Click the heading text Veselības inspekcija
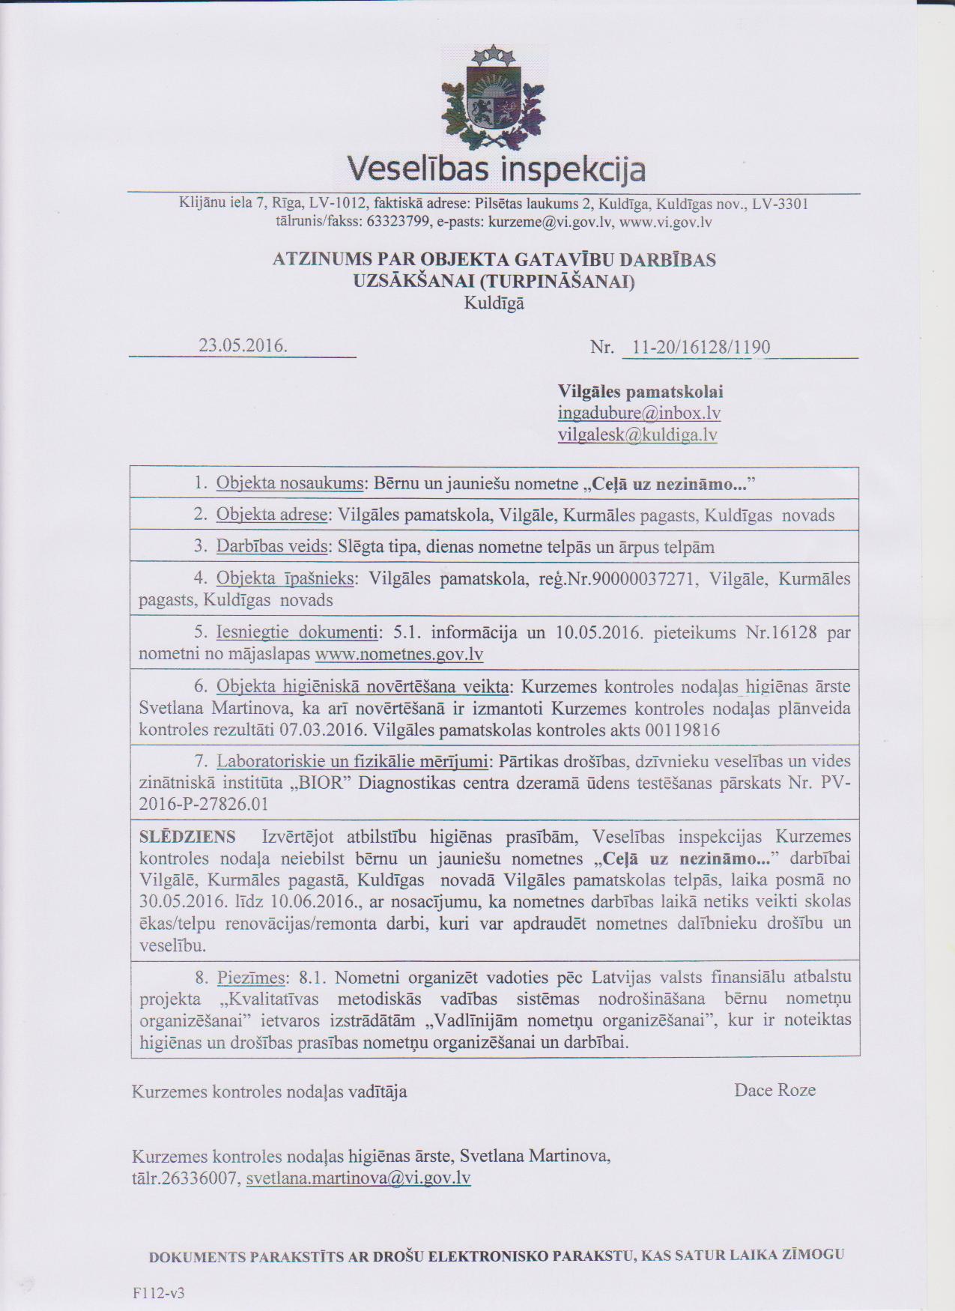click(x=495, y=169)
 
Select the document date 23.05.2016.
click(x=243, y=345)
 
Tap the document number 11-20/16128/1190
click(x=701, y=348)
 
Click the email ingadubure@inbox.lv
click(x=639, y=414)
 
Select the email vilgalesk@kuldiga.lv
click(x=637, y=435)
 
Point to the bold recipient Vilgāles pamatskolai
click(x=640, y=392)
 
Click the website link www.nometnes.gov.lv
click(x=399, y=655)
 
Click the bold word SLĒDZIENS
click(x=187, y=836)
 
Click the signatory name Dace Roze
click(x=774, y=1090)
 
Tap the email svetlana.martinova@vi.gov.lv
click(x=358, y=1178)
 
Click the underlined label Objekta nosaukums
click(x=289, y=483)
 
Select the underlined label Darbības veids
click(x=272, y=547)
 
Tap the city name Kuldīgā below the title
click(x=494, y=303)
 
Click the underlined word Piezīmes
click(x=252, y=978)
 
